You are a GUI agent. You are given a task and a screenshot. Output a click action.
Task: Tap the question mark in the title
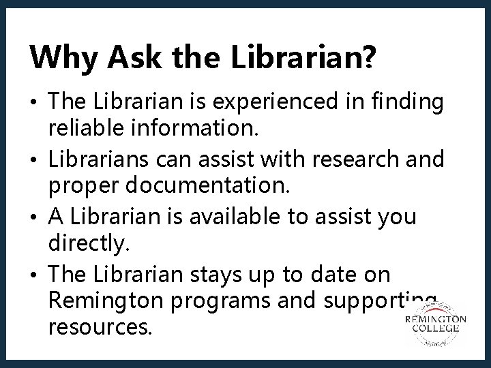pos(368,57)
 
